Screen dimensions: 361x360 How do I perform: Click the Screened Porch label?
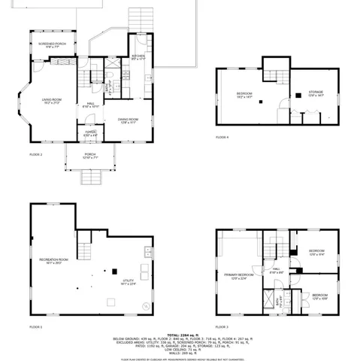click(x=53, y=45)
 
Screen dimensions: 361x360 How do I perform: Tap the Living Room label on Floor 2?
click(x=51, y=102)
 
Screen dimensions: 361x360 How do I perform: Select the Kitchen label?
click(x=138, y=58)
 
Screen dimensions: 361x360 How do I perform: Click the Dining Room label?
click(x=127, y=120)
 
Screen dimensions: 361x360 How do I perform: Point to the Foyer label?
click(x=90, y=134)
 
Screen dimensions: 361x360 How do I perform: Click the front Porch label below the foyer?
click(x=90, y=157)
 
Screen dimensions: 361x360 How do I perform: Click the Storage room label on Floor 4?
click(x=316, y=94)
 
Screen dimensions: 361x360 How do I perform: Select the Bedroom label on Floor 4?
click(x=244, y=95)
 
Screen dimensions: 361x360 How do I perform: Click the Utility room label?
click(x=129, y=283)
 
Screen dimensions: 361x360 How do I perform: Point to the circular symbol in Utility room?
click(x=146, y=305)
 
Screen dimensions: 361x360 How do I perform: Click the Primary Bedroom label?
click(x=239, y=277)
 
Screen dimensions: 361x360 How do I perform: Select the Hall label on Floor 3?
click(x=276, y=271)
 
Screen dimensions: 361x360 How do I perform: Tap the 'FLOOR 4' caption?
click(x=222, y=138)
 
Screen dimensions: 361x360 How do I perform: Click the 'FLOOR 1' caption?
click(x=36, y=327)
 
